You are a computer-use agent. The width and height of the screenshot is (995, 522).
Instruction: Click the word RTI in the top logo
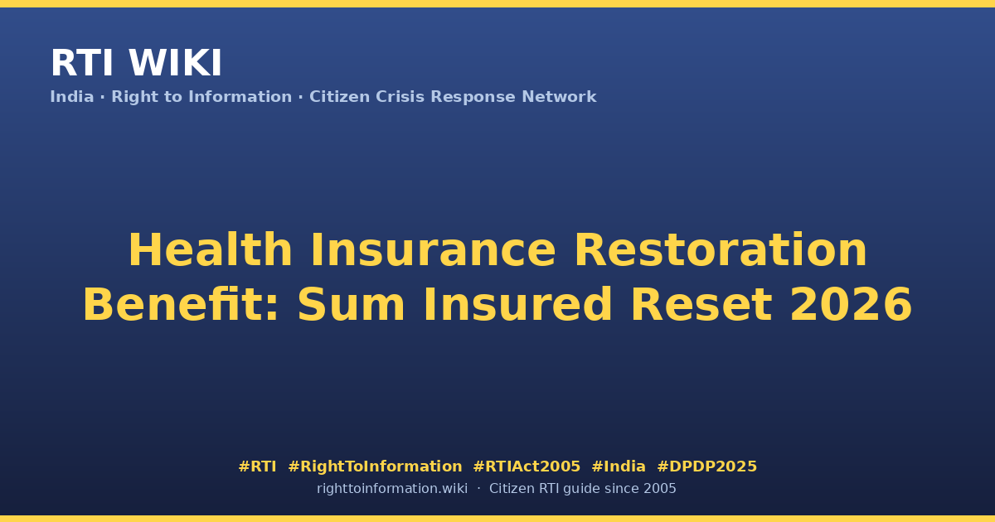(82, 63)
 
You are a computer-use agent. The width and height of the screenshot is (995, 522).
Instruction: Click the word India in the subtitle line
(72, 97)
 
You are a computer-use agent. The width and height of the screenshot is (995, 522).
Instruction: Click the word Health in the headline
(211, 250)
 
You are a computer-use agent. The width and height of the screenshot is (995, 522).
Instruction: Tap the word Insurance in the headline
(433, 250)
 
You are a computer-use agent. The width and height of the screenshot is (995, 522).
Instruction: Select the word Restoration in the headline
(721, 250)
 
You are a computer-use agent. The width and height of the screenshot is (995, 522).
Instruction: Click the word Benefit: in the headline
(181, 305)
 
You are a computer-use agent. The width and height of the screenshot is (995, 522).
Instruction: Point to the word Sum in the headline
(351, 305)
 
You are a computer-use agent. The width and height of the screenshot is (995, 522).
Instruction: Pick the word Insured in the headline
(518, 305)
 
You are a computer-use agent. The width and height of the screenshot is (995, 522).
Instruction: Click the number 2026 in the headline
(851, 305)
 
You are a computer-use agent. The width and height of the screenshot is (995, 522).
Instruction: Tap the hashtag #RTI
(257, 466)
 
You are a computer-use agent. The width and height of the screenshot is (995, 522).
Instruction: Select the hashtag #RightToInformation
(375, 466)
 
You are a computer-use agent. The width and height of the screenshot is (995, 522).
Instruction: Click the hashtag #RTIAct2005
(527, 466)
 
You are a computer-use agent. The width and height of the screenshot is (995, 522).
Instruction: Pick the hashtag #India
(619, 466)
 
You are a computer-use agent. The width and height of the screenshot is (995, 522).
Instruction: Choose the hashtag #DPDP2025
(706, 466)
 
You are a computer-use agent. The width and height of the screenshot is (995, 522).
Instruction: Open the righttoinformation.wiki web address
(392, 489)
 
